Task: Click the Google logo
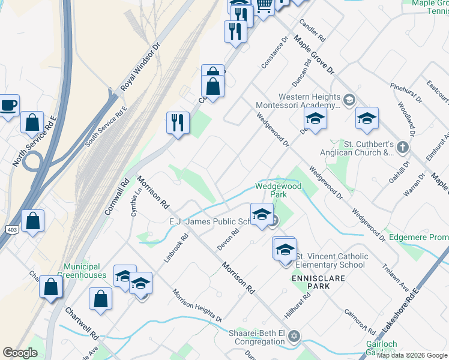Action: (20, 353)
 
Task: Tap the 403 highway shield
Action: (12, 230)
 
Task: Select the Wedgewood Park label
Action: (279, 191)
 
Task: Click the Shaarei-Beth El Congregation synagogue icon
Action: (294, 334)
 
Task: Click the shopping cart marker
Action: (264, 5)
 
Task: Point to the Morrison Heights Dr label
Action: (197, 305)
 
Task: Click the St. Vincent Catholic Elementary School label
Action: (330, 260)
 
